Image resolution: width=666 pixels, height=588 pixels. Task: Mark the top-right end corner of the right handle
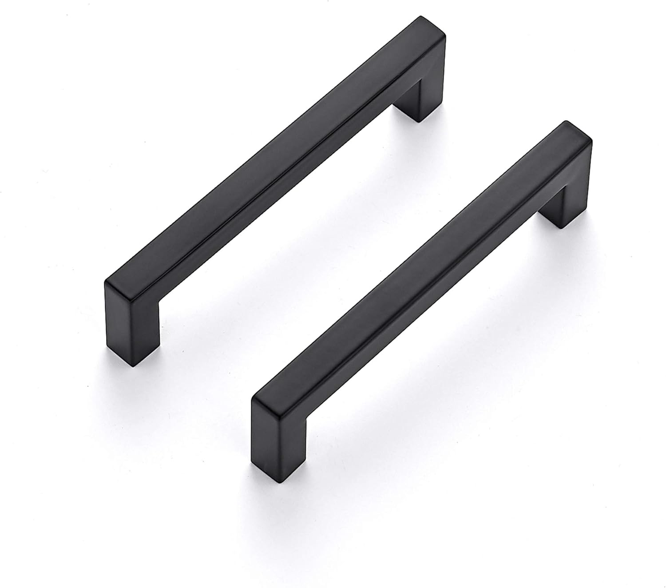[566, 123]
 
